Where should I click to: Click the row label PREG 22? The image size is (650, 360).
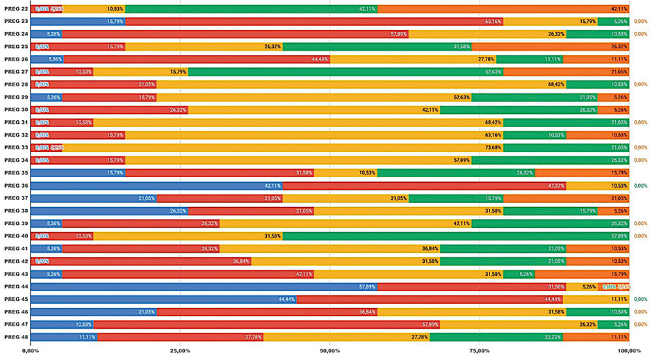[x=16, y=9]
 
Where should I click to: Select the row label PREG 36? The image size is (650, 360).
[x=16, y=186]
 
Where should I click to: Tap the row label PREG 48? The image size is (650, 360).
[x=16, y=337]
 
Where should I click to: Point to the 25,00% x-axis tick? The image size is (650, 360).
[x=180, y=351]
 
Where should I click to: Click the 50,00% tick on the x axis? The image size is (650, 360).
[x=330, y=351]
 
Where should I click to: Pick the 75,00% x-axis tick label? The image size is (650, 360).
[x=479, y=351]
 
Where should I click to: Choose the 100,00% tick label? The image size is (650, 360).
[x=628, y=351]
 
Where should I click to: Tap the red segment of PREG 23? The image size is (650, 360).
[x=314, y=22]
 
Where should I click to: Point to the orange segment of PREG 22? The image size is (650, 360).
[x=503, y=9]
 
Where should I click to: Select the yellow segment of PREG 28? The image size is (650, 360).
[x=361, y=84]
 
